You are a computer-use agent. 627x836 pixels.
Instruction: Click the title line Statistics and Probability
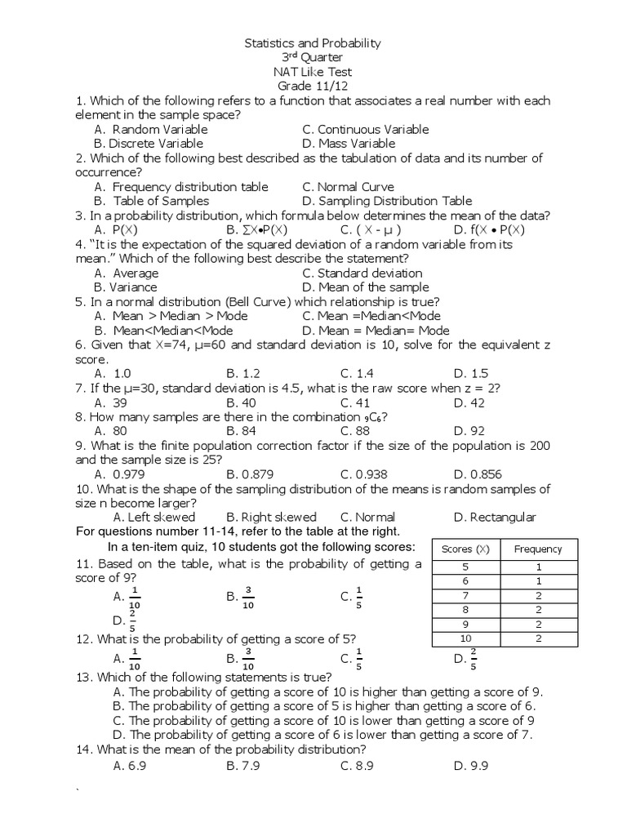tap(313, 43)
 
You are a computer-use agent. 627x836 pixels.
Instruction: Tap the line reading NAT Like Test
tap(313, 72)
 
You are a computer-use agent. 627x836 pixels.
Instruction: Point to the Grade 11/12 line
tap(313, 86)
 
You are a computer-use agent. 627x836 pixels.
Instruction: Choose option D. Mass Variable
tap(348, 144)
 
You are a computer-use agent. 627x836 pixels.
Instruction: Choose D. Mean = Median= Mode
tap(376, 330)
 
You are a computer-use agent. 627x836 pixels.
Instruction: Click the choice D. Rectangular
tap(495, 517)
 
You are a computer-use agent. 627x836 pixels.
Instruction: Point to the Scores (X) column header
tap(465, 549)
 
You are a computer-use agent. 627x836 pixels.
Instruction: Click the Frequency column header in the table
tap(538, 549)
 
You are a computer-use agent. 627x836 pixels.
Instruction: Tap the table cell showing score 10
tap(465, 638)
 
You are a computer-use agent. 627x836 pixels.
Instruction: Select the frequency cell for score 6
tap(538, 580)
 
